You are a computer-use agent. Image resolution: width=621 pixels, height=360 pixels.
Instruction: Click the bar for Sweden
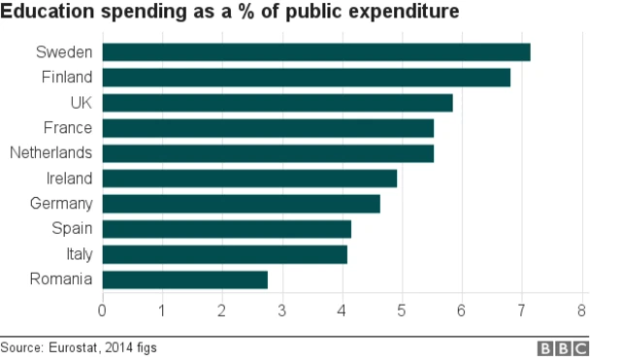coord(316,52)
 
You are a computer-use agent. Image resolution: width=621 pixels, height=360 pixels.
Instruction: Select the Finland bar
coord(306,78)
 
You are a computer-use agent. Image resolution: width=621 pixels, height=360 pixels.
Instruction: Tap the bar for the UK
coord(278,103)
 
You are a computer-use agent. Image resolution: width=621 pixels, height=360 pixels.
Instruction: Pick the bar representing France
coord(268,128)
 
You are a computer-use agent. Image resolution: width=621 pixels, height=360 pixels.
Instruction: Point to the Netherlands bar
coord(268,153)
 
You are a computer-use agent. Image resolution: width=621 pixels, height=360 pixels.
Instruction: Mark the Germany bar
coord(241,204)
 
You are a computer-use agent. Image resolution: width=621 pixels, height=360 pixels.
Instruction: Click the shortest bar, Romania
coord(184,279)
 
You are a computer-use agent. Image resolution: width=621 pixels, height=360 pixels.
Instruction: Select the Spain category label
coord(72,229)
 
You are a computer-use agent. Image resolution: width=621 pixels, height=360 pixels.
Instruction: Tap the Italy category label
coord(78,254)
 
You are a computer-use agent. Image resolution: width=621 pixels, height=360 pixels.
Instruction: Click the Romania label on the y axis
coord(61,279)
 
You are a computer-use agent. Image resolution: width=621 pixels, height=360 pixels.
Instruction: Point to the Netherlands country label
coord(50,153)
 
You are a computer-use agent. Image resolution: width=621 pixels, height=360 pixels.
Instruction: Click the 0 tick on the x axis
coord(102,311)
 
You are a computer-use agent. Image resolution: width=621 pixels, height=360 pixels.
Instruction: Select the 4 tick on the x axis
coord(342,311)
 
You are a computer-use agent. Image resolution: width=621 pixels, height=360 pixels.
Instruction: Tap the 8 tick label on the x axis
coord(581,311)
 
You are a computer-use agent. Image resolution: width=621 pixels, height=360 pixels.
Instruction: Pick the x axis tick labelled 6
coord(462,311)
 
